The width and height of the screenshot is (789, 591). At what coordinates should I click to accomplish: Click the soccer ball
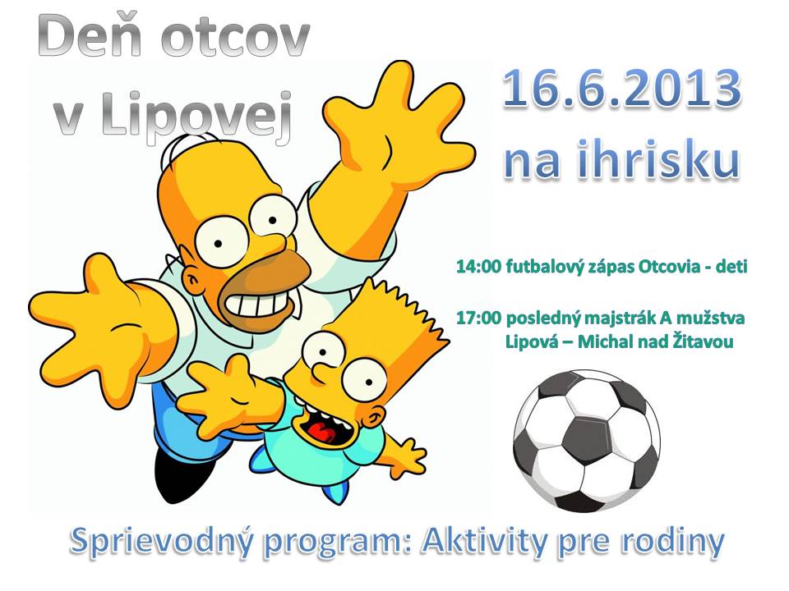pyautogui.click(x=587, y=441)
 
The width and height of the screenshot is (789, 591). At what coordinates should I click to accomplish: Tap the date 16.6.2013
pyautogui.click(x=622, y=89)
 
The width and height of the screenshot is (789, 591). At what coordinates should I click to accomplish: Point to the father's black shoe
pyautogui.click(x=173, y=474)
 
